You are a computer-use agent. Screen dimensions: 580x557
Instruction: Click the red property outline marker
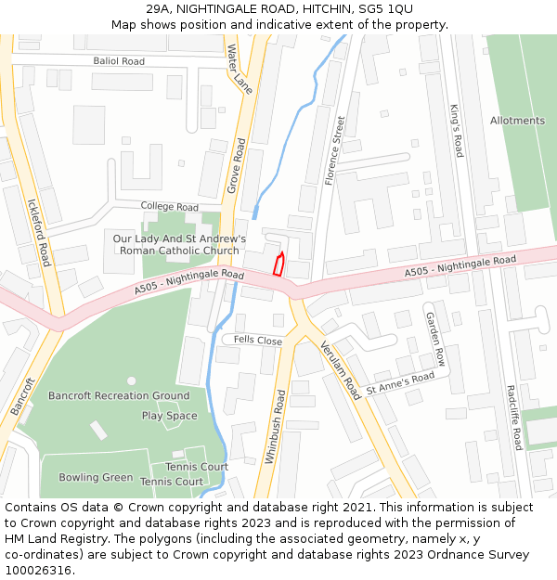tap(278, 264)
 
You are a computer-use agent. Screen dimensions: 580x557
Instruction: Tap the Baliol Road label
tap(119, 61)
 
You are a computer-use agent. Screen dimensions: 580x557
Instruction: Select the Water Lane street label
tap(240, 68)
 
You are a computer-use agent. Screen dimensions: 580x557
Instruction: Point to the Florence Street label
tap(334, 150)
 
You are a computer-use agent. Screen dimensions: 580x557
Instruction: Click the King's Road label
tap(456, 131)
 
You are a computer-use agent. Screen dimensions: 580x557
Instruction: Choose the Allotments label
tap(517, 121)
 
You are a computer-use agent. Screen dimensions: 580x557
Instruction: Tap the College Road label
tap(170, 206)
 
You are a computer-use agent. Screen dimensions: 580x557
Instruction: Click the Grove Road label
tap(237, 166)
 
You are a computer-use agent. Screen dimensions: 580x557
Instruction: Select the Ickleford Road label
tap(38, 231)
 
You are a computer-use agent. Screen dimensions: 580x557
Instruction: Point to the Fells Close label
tap(258, 341)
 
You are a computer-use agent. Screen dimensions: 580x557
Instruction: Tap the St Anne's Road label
tap(400, 382)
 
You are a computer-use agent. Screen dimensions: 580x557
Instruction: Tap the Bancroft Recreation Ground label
tap(119, 396)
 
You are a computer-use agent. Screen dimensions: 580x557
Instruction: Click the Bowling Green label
tap(97, 477)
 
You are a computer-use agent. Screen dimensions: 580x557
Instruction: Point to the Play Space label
tap(170, 416)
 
